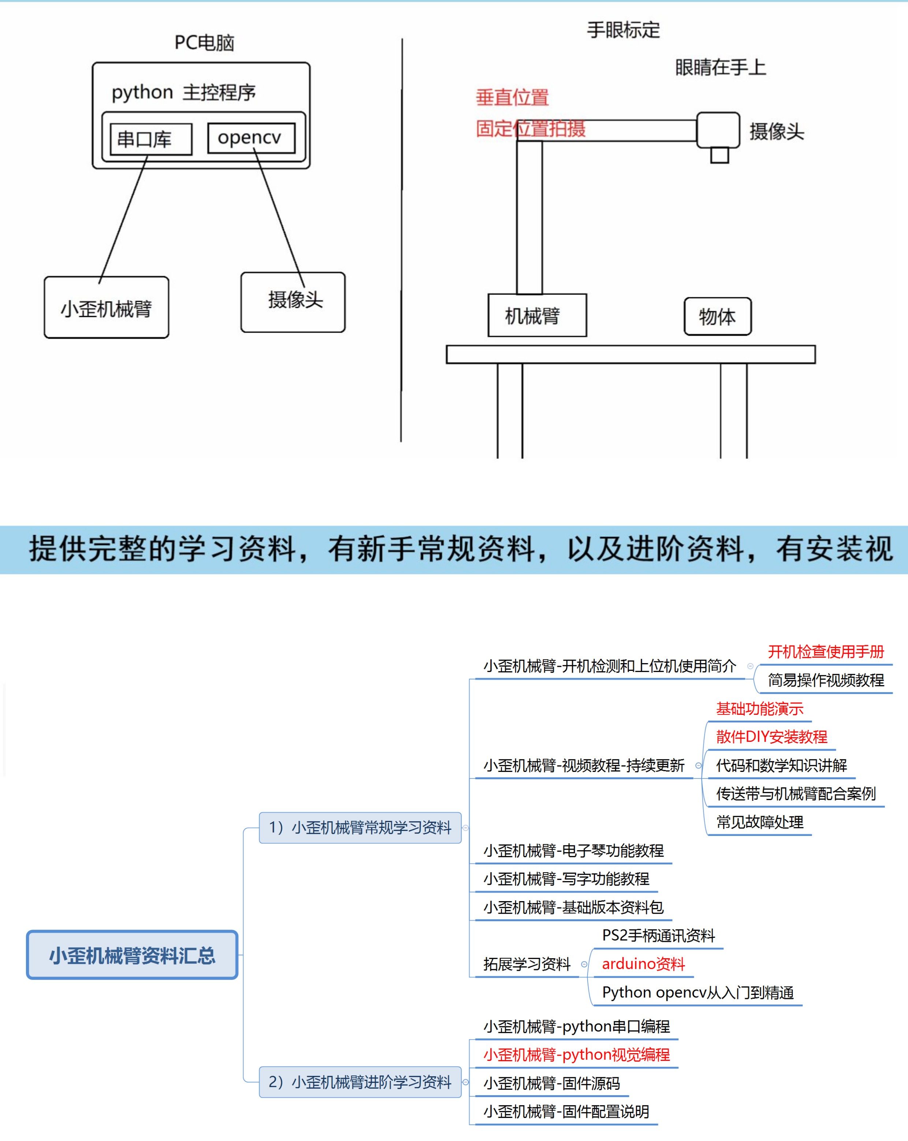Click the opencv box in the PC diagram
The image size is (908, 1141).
coord(251,138)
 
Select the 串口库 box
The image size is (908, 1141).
coord(151,139)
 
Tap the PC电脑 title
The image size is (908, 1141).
coord(204,43)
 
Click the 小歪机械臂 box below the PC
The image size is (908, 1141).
coord(106,308)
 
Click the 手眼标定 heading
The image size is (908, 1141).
coord(623,30)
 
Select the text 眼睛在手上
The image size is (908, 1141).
coord(720,68)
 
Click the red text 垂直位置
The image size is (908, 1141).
coord(512,98)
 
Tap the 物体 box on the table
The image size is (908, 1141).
coord(718,316)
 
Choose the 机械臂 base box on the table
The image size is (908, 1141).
coord(537,315)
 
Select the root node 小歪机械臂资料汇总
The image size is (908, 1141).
coord(132,955)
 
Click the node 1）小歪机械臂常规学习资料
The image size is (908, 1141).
coord(360,827)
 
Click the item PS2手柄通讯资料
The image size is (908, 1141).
coord(658,936)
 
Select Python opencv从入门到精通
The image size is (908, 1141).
coord(697,992)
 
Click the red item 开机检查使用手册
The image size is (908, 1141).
coord(826,651)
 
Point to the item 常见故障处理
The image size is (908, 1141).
coord(759,822)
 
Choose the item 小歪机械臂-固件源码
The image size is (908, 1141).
coord(551,1083)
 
